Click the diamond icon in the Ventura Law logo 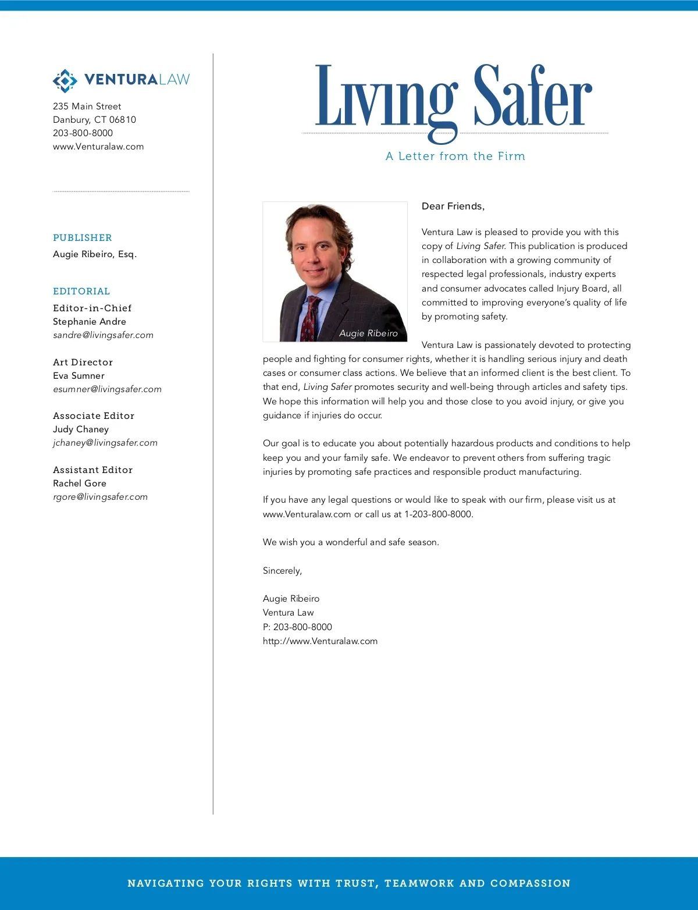[x=65, y=81]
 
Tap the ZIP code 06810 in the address [x=123, y=120]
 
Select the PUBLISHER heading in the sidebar [x=83, y=238]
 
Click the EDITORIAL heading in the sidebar [x=81, y=292]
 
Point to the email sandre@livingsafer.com [x=103, y=335]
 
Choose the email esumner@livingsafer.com [x=107, y=389]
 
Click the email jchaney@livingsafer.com [x=105, y=443]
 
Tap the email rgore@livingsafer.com [x=100, y=497]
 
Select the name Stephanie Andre [x=90, y=322]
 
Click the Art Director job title [x=83, y=362]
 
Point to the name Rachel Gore [x=80, y=484]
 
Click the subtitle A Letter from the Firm [x=455, y=157]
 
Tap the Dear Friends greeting [x=453, y=207]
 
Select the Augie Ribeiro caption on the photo [x=368, y=333]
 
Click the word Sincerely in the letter [x=282, y=571]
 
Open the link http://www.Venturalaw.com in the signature [x=320, y=641]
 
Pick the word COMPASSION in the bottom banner [x=530, y=883]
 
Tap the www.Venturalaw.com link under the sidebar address [x=98, y=147]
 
